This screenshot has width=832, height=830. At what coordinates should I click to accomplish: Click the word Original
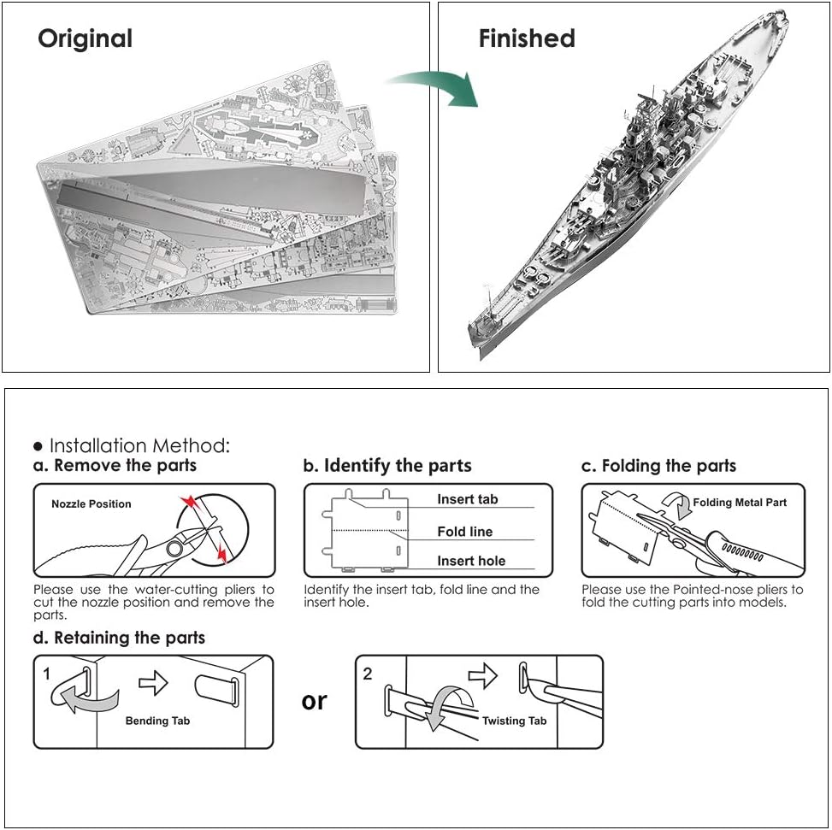(85, 38)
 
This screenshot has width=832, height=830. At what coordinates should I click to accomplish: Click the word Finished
(527, 38)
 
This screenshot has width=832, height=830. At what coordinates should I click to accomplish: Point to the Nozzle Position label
(91, 503)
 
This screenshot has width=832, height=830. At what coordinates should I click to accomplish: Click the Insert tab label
(468, 499)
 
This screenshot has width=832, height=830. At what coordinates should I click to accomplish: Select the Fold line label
(465, 532)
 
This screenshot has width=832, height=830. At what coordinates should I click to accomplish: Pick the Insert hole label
(471, 561)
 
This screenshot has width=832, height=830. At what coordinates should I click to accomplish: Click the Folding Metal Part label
(740, 503)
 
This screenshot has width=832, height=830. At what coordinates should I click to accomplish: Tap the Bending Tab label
(157, 721)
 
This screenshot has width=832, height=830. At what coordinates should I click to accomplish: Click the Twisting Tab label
(514, 721)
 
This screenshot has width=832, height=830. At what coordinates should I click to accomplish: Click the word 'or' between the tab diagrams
(314, 702)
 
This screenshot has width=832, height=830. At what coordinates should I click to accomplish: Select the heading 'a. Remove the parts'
(115, 465)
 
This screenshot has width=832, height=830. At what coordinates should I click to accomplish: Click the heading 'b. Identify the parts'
(387, 466)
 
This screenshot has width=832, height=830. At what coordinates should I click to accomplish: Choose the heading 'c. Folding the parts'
(659, 466)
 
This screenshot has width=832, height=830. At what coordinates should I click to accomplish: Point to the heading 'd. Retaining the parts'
(119, 638)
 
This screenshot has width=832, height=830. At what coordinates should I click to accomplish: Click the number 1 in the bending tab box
(47, 674)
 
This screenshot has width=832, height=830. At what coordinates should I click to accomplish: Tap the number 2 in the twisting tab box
(368, 674)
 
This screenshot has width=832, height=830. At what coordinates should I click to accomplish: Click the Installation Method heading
(139, 445)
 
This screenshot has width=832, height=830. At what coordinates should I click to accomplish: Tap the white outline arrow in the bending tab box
(153, 683)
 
